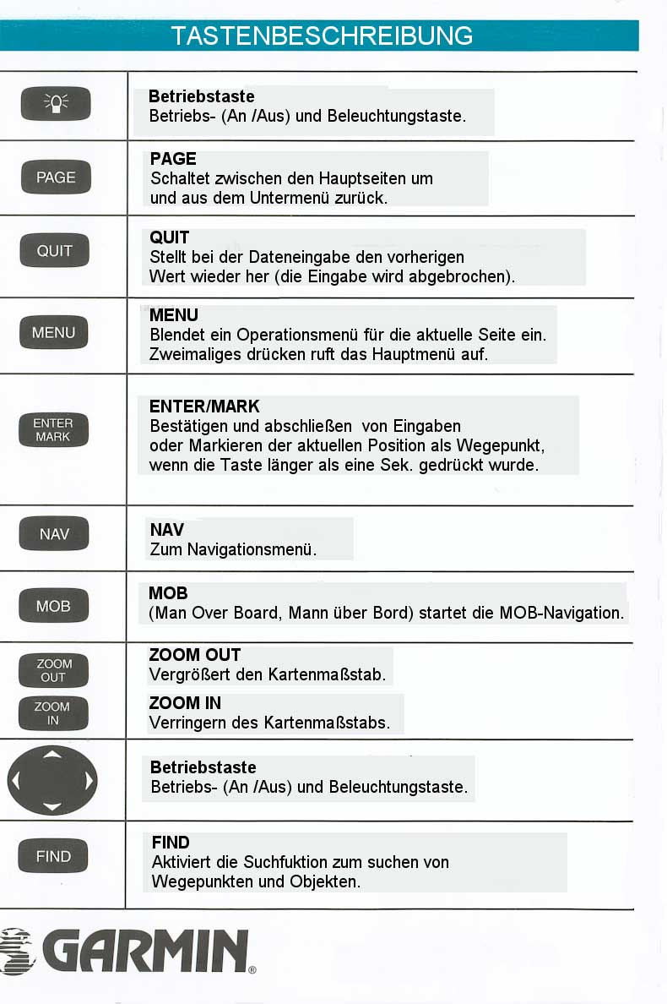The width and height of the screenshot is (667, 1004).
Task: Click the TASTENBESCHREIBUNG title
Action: click(321, 35)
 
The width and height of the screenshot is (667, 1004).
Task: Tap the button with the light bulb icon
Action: click(55, 104)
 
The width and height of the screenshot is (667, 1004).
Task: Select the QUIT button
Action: click(55, 250)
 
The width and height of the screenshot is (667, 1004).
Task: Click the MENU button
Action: click(53, 332)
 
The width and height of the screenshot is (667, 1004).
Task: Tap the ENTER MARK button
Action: click(53, 429)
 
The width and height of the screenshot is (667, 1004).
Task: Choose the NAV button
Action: click(54, 534)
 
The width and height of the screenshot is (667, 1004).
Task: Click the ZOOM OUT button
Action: click(54, 670)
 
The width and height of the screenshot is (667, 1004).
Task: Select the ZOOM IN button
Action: click(53, 713)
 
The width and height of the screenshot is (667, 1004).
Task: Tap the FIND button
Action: click(53, 856)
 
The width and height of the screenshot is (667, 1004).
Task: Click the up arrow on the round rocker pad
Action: click(52, 753)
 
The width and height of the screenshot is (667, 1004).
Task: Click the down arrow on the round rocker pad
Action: click(52, 807)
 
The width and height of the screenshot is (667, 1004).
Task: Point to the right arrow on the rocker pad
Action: click(88, 780)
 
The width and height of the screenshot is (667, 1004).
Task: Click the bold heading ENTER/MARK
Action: click(204, 407)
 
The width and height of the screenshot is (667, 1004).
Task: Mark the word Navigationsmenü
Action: click(252, 549)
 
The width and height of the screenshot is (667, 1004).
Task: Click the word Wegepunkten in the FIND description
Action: click(197, 881)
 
